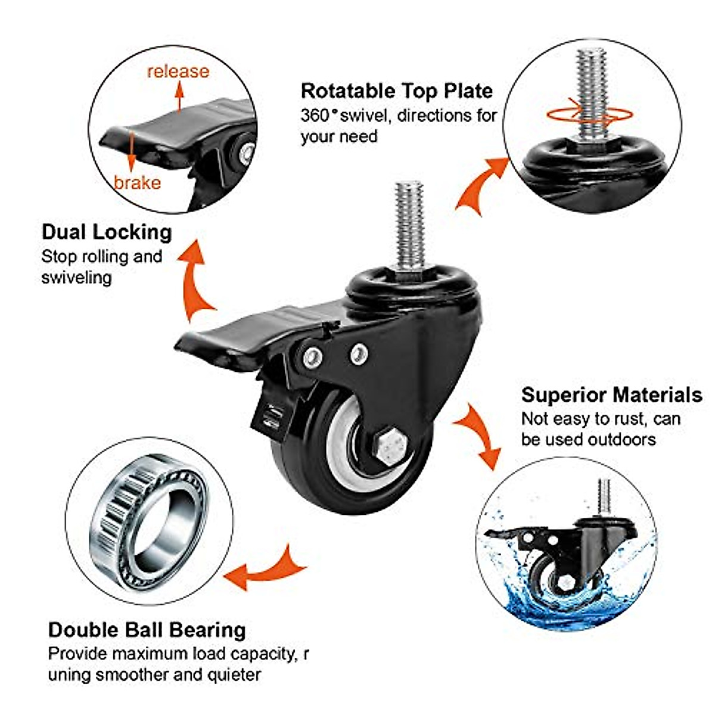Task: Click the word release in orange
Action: [178, 71]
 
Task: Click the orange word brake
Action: [138, 182]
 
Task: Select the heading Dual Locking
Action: [107, 232]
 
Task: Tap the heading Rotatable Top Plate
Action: [397, 91]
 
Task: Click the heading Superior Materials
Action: [611, 394]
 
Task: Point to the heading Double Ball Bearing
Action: [147, 630]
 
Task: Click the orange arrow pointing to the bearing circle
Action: [268, 567]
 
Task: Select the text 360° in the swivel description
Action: [316, 115]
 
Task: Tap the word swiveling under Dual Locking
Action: [76, 278]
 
